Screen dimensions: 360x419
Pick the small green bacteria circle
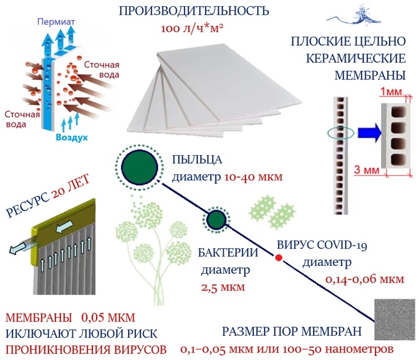click(215, 219)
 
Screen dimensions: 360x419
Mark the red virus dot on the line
click(278, 258)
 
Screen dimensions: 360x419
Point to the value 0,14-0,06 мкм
click(365, 279)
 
